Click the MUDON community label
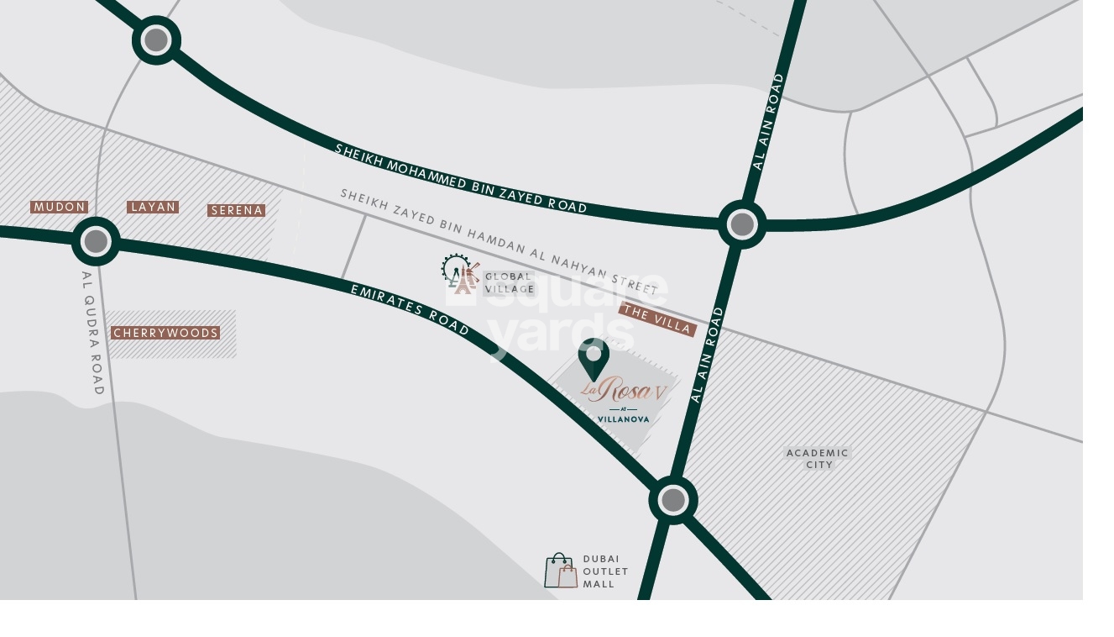(x=59, y=207)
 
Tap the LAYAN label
(x=153, y=207)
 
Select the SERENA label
(x=237, y=210)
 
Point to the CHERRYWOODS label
(x=165, y=334)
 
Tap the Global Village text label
(x=509, y=282)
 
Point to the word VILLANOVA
(x=622, y=419)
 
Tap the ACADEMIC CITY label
(x=818, y=458)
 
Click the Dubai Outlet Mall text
(x=605, y=571)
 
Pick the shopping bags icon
(x=561, y=571)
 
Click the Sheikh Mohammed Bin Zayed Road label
(x=460, y=178)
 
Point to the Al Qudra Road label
(x=92, y=332)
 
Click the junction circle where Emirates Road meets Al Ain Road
(x=672, y=500)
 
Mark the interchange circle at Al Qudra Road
(x=96, y=241)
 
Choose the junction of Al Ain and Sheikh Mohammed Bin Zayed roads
(x=742, y=224)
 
